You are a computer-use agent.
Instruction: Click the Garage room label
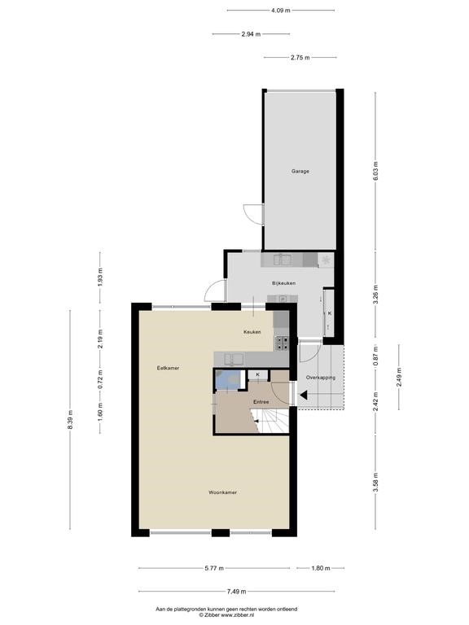point(300,172)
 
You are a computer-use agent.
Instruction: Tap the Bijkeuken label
point(283,283)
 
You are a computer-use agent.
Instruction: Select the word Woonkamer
point(222,492)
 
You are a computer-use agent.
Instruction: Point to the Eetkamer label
point(168,369)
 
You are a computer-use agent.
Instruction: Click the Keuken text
point(252,332)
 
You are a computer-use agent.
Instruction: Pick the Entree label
point(261,402)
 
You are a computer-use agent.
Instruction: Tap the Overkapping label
point(320,378)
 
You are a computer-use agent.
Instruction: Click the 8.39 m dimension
point(70,420)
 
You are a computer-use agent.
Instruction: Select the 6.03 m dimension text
point(375,171)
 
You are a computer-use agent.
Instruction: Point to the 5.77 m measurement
point(214,568)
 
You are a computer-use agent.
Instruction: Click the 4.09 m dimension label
point(280,11)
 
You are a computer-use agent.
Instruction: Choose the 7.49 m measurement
point(236,592)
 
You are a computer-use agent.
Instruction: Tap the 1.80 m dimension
point(320,568)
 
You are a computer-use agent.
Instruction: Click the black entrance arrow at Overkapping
point(304,396)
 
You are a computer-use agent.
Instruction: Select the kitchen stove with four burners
point(282,343)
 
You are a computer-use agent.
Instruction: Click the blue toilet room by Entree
point(229,379)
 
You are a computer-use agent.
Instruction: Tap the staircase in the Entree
point(270,421)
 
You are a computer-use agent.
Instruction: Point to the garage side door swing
point(253,215)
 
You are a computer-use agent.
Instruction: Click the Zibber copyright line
point(226,615)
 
